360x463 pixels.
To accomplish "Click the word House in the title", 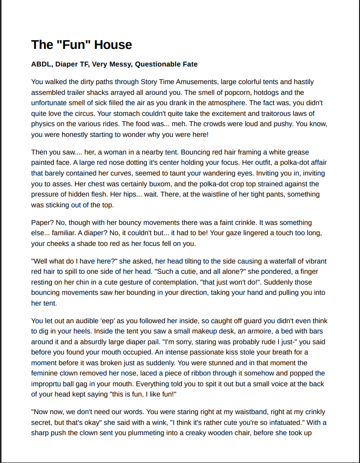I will point(113,45).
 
